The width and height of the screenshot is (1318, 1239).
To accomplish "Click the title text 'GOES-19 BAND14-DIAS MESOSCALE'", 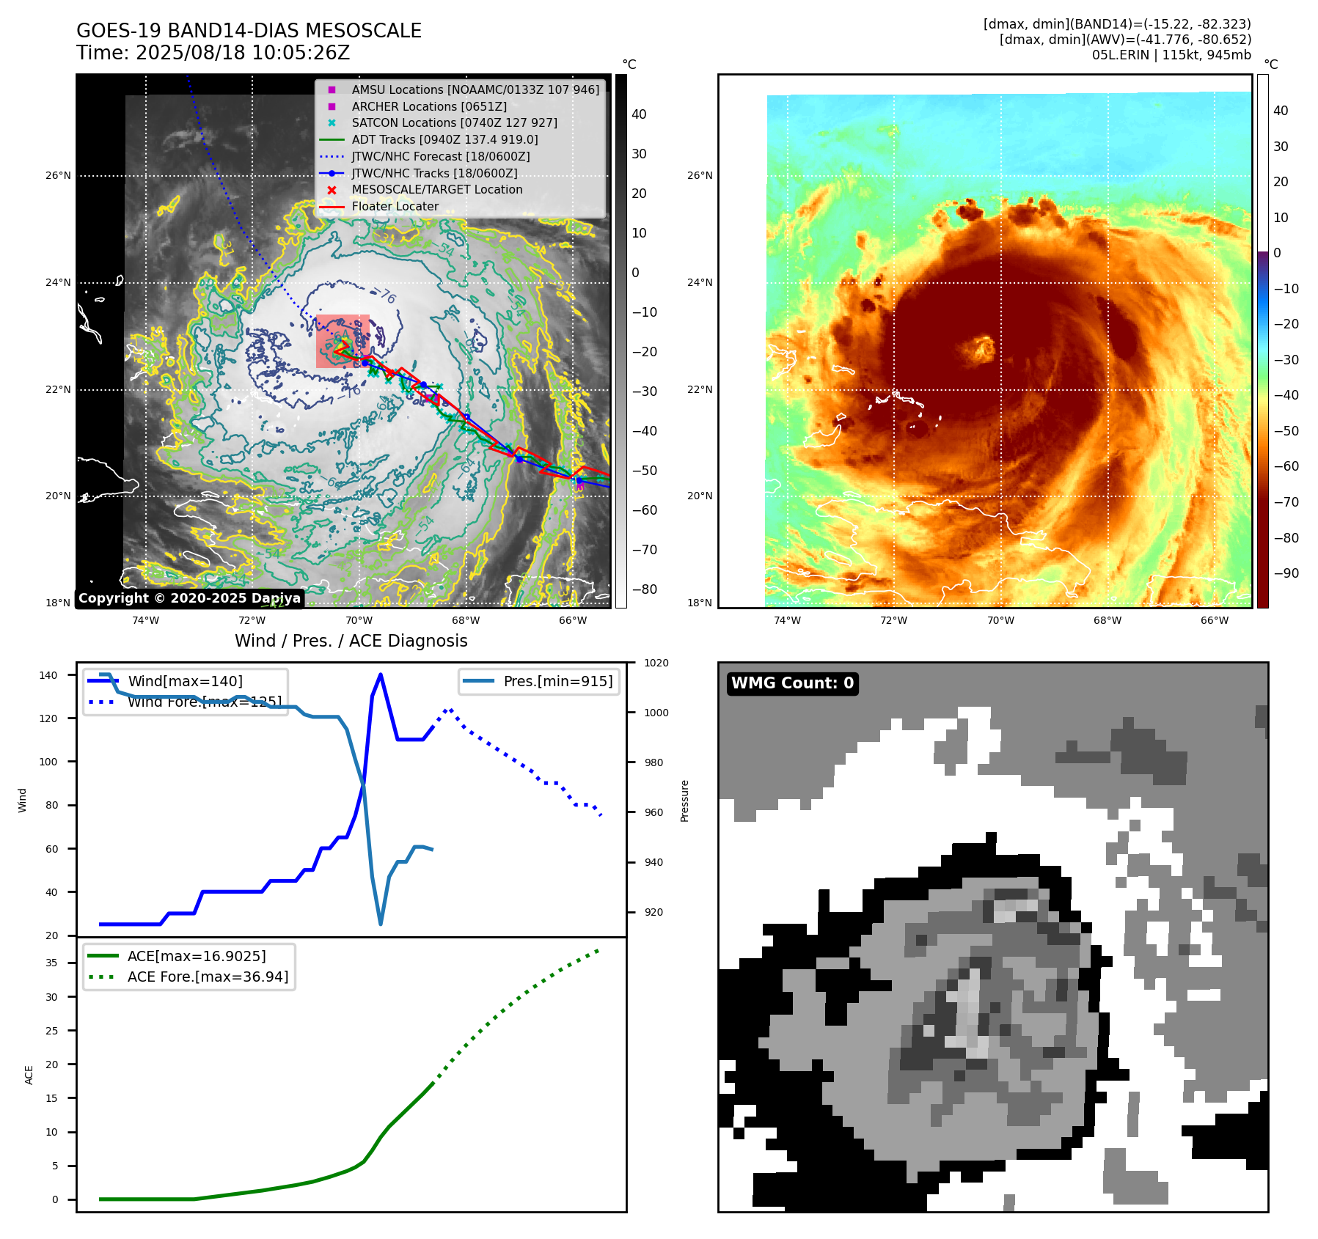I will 249,31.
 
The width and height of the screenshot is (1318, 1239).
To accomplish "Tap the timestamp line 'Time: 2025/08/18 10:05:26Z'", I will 213,54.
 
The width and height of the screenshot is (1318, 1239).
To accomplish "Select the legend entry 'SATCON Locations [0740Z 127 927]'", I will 454,123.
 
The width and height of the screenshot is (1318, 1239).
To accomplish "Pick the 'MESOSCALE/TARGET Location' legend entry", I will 436,190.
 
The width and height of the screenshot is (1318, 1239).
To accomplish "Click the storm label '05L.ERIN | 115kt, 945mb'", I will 1171,55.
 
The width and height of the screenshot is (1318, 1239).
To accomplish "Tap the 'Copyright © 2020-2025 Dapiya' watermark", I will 189,598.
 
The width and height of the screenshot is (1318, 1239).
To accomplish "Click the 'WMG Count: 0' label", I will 792,683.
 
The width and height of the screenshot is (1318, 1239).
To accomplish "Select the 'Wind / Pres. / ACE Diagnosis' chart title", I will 351,641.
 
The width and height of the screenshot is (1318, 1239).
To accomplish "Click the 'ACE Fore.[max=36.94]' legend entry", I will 208,977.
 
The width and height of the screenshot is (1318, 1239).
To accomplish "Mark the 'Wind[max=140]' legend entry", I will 185,681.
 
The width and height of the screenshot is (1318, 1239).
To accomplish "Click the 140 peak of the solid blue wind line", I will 380,674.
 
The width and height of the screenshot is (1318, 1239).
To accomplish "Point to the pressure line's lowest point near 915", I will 381,924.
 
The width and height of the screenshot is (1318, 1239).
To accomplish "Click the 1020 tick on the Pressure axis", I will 656,663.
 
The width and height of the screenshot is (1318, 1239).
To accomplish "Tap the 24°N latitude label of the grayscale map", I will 59,282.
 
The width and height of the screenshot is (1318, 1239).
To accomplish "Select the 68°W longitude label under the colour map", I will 1107,620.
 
